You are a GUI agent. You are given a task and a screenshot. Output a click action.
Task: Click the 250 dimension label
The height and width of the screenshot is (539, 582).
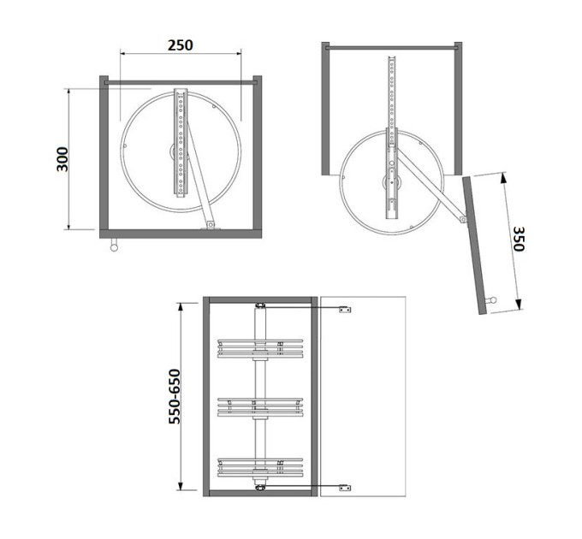click(181, 45)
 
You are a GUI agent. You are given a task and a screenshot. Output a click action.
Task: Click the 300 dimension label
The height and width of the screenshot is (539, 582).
click(62, 159)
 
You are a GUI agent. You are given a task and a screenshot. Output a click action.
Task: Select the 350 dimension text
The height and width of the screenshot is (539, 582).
click(519, 239)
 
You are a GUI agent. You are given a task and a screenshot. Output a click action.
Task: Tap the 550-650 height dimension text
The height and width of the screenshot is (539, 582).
click(175, 396)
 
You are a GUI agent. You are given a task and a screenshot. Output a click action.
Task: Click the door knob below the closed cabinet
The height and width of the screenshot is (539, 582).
click(114, 245)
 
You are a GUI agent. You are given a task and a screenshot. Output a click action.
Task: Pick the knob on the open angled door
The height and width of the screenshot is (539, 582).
click(491, 300)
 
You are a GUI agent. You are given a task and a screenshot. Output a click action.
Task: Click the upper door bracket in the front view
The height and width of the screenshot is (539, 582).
click(345, 310)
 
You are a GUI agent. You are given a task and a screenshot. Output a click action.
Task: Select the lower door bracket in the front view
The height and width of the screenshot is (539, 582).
click(345, 488)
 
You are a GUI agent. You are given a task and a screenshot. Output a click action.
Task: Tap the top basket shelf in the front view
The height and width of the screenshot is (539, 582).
click(260, 348)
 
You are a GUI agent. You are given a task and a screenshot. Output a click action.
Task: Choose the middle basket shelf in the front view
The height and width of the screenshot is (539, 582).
click(260, 407)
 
